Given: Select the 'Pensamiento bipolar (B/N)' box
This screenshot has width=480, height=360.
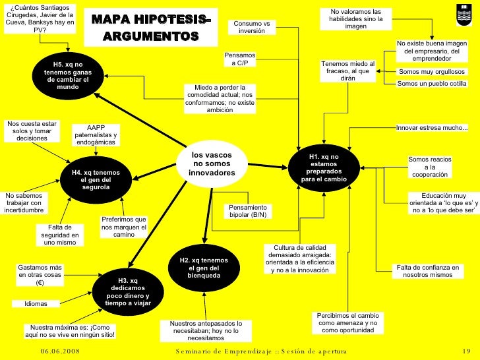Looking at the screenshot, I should tap(247, 211).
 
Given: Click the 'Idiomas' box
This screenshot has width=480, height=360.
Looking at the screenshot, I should tap(36, 304).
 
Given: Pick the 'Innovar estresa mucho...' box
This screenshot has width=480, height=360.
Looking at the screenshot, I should tap(432, 127).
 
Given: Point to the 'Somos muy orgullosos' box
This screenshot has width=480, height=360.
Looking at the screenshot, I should tap(432, 72).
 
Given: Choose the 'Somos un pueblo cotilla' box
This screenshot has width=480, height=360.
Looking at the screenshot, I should tap(432, 84).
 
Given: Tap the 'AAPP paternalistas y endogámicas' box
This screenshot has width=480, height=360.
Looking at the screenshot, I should tap(96, 135).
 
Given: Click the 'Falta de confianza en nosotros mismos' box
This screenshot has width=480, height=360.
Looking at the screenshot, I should tap(427, 271).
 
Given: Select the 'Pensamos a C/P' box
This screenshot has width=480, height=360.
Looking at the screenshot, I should tap(239, 59).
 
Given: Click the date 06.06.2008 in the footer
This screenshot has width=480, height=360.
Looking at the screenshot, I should tap(59, 351).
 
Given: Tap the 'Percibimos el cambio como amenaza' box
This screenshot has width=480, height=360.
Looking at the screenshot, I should tap(347, 323).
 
